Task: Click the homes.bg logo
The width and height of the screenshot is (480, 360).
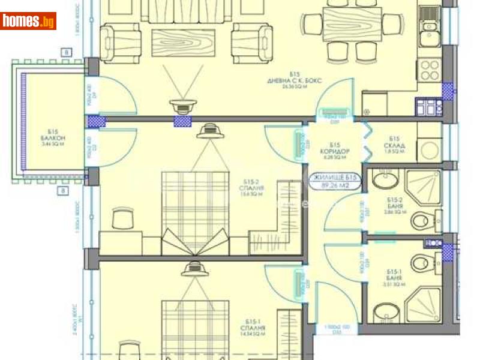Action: [x=28, y=21]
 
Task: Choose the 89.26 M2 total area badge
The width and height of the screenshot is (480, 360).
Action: [x=335, y=182]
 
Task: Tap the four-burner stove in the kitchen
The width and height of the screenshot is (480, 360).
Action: [x=430, y=71]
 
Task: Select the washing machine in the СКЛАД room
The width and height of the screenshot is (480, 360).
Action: [x=430, y=147]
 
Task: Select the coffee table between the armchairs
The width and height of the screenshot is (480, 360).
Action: [x=182, y=44]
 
